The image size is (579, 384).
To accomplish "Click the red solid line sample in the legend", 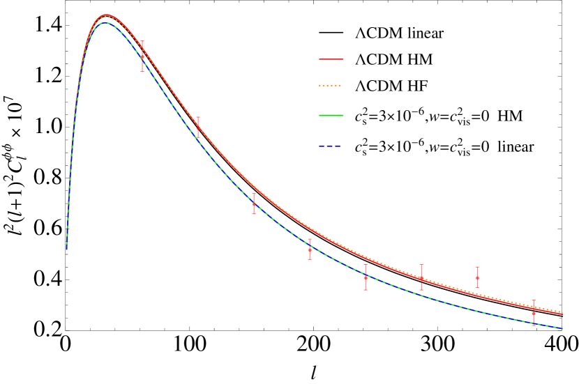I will tap(331, 59).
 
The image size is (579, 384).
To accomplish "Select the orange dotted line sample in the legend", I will tap(329, 86).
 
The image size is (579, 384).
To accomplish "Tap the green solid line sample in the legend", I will tap(331, 115).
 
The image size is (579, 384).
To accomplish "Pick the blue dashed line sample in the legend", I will tap(329, 146).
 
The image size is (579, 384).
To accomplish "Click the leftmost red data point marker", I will tap(142, 57).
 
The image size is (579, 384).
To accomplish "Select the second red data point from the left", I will tap(198, 126).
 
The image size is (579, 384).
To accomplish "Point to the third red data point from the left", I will tap(254, 204).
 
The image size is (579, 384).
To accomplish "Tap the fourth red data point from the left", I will tap(310, 249).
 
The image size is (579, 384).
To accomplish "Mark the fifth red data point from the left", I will tap(366, 277).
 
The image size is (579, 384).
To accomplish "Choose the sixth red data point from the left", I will tap(421, 278).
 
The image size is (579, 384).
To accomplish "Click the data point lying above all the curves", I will tap(477, 277).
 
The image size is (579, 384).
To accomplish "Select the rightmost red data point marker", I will tap(534, 313).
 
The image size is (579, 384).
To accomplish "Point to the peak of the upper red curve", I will tap(107, 15).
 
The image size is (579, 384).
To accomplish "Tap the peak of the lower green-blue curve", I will tap(105, 23).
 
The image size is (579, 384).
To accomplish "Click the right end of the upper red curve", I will tap(562, 314).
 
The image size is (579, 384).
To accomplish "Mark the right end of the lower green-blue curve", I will tap(562, 328).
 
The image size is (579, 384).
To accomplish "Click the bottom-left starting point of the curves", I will tap(67, 248).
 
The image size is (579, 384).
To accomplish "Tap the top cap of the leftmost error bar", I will tap(142, 41).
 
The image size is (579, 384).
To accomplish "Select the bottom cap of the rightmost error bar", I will tap(534, 324).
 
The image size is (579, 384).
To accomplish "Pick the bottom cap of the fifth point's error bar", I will tap(366, 289).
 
